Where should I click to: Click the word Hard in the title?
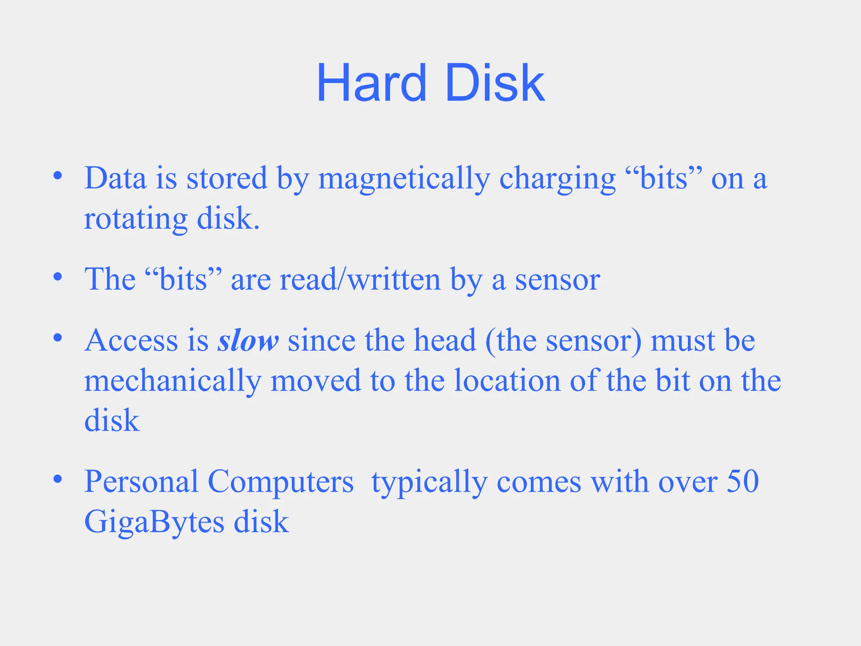371,83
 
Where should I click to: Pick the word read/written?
360,279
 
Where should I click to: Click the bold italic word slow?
248,340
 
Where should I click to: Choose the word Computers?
280,482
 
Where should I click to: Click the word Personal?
141,482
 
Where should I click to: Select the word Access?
131,340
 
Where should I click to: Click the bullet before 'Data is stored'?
58,175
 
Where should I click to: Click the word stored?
227,178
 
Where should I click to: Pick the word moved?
315,381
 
